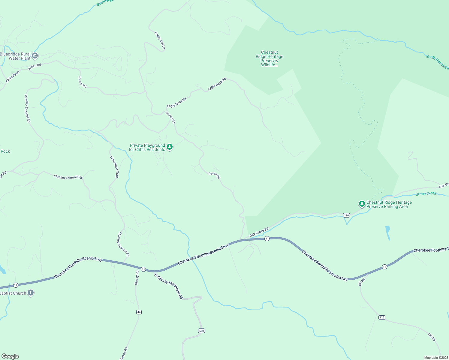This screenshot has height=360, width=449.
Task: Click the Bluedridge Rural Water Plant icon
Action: [35, 55]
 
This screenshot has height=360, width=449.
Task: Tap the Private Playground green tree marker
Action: [170, 147]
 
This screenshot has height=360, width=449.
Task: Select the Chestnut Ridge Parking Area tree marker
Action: [362, 204]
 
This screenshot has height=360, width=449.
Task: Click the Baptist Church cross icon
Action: [30, 293]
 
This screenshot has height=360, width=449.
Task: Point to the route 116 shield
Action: [347, 215]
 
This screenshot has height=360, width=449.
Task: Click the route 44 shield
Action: [139, 312]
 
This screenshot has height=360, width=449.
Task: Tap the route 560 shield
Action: [201, 331]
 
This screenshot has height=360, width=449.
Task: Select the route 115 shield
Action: [382, 317]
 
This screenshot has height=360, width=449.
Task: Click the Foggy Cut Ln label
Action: [160, 40]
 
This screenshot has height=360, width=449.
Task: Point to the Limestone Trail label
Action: [114, 167]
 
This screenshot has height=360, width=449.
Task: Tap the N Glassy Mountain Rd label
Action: [169, 286]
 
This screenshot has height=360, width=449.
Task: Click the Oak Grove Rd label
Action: [259, 232]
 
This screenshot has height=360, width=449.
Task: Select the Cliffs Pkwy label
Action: [13, 76]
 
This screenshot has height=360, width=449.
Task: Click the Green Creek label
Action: [426, 194]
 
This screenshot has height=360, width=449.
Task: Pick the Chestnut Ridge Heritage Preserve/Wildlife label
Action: [270, 58]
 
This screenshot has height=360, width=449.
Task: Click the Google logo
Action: [10, 356]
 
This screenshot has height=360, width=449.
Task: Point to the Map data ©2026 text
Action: [436, 358]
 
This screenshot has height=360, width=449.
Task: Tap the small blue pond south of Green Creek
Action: [388, 233]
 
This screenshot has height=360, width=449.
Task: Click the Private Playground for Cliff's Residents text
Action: [147, 147]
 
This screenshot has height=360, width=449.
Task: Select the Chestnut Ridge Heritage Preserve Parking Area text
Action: [389, 204]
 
